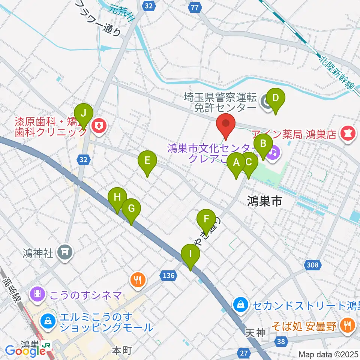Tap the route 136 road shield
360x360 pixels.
coord(169,276)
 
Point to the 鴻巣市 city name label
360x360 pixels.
coord(264,202)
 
